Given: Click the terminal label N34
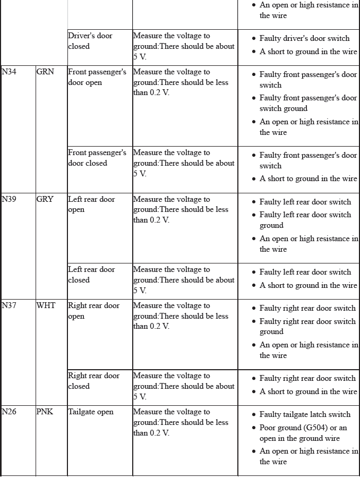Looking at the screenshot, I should pyautogui.click(x=9, y=72).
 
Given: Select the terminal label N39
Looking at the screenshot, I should pyautogui.click(x=9, y=199).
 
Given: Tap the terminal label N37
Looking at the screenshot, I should pyautogui.click(x=9, y=305).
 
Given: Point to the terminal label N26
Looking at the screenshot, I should pyautogui.click(x=9, y=412).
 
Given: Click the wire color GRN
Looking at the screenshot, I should pyautogui.click(x=45, y=72).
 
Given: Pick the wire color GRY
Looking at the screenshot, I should pyautogui.click(x=45, y=199).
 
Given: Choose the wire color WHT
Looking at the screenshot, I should pyautogui.click(x=46, y=305).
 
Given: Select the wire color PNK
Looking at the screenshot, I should pyautogui.click(x=45, y=412).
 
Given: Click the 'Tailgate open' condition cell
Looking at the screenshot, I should pyautogui.click(x=91, y=412).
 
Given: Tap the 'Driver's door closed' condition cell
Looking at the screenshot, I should pyautogui.click(x=90, y=41).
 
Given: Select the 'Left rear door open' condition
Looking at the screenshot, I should pyautogui.click(x=91, y=205).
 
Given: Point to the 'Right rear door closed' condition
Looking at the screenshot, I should pyautogui.click(x=94, y=381).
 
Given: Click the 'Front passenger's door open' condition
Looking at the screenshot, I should pyautogui.click(x=97, y=77).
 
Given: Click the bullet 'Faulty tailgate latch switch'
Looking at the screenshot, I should pyautogui.click(x=305, y=414).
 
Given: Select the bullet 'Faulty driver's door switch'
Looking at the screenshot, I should pyautogui.click(x=304, y=38).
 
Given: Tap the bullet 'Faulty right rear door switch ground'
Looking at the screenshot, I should pyautogui.click(x=307, y=326).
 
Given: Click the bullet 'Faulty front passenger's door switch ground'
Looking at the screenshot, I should pyautogui.click(x=308, y=103).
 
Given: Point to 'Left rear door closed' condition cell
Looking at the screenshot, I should pyautogui.click(x=91, y=275).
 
